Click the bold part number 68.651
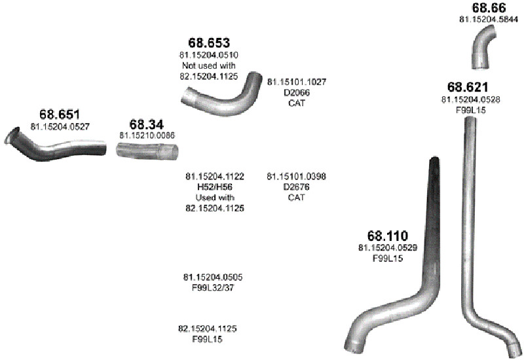60,114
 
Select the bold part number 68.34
147,124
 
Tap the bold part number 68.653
209,43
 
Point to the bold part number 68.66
489,7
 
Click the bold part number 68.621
468,87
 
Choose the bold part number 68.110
388,236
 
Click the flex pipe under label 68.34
147,151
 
